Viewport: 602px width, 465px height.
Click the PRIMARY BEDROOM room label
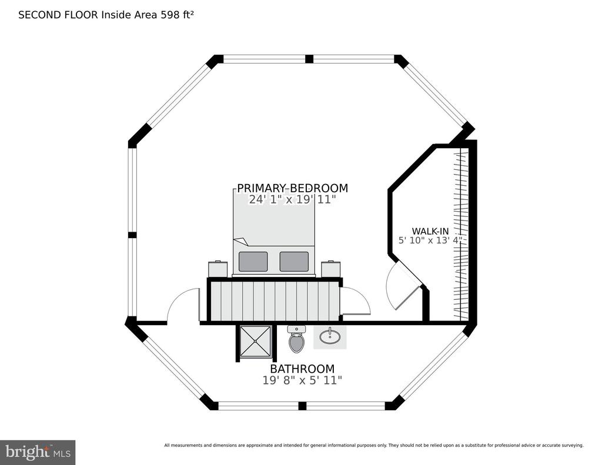pos(293,188)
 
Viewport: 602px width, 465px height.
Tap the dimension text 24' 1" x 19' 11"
pos(293,200)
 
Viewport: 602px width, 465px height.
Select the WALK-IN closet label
pos(430,231)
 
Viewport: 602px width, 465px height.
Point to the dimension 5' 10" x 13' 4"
pos(430,240)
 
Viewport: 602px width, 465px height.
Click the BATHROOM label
pos(302,369)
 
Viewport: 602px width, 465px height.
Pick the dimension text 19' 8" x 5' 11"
pos(302,380)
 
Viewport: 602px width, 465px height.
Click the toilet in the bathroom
pos(296,339)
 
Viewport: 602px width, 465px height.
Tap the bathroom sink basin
pos(330,336)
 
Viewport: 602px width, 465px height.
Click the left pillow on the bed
pos(253,262)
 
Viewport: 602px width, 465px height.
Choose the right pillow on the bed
pos(294,262)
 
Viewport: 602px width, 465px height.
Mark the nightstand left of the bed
pos(218,269)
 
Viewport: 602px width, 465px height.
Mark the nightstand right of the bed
pos(331,269)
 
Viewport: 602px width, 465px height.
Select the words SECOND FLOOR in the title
pos(58,15)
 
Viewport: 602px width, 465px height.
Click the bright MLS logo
pos(38,452)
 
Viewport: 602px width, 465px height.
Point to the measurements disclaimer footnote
pos(374,446)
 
